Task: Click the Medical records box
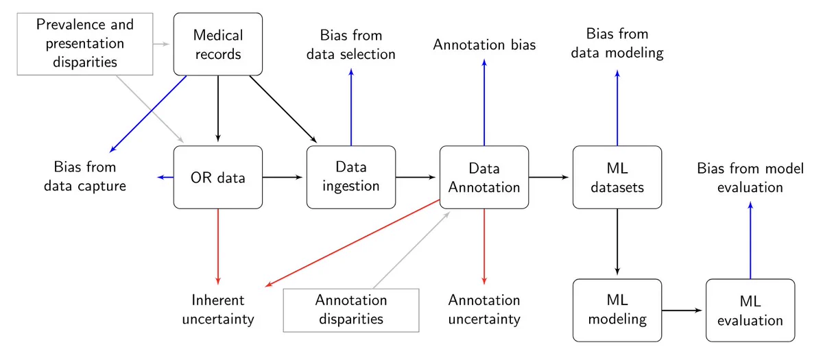pos(218,44)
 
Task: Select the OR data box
pos(218,178)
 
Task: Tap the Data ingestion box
pos(351,178)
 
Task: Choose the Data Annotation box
pos(484,178)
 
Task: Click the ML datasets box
pos(617,178)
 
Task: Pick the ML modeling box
pos(617,311)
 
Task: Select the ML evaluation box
pos(750,311)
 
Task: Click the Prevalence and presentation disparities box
pos(85,44)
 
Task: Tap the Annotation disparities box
pos(351,311)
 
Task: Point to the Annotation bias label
pos(484,45)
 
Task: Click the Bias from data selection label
pos(351,45)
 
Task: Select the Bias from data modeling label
pos(617,43)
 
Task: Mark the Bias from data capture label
pos(85,177)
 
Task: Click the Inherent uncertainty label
pos(218,310)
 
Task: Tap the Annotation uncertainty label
pos(484,310)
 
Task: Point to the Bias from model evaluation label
pos(750,178)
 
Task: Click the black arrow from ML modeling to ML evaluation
pos(682,311)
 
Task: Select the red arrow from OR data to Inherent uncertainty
pos(218,247)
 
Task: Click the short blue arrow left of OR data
pos(165,178)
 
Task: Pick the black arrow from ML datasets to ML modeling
pos(617,241)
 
